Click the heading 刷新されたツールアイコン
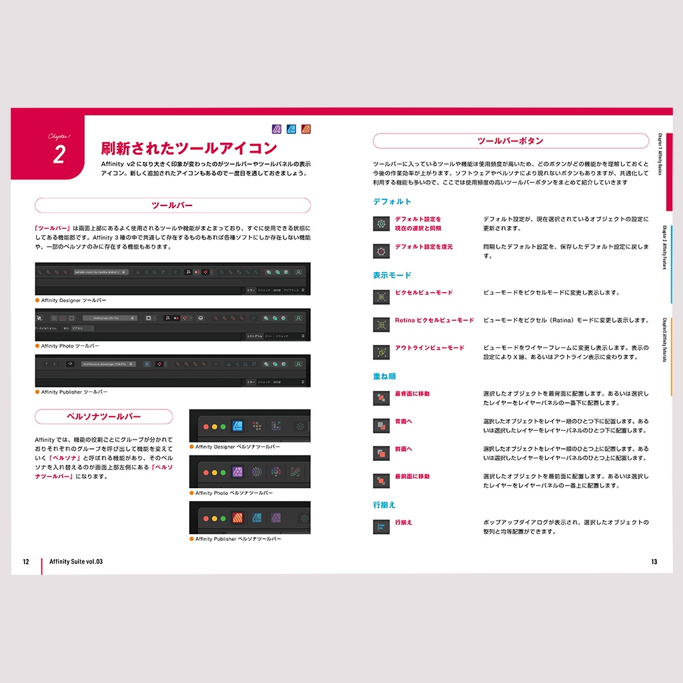189,147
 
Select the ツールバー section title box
172,205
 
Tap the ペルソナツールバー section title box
103,417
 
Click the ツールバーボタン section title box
510,141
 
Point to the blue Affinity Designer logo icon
291,129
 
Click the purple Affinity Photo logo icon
277,129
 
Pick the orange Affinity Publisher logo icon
306,129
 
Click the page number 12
25,562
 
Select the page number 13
654,562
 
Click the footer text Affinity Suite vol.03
76,562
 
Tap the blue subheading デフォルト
392,201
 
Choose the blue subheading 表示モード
392,275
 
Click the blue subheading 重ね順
384,376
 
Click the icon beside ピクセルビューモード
381,297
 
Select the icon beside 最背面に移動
381,398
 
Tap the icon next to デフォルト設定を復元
381,251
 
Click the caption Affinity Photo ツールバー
70,346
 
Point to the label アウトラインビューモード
429,348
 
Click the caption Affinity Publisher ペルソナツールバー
238,538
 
